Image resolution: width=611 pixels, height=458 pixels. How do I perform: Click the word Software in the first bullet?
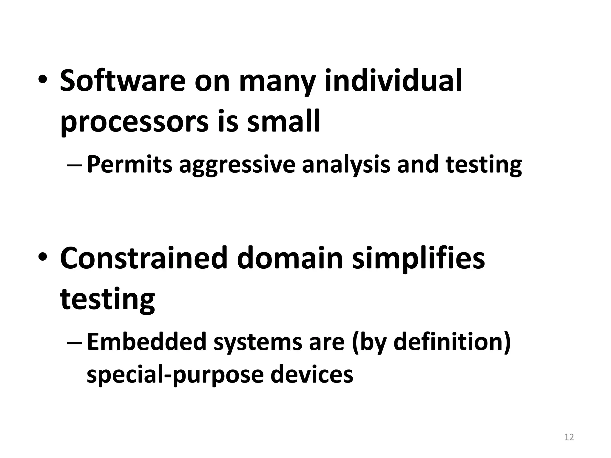(x=123, y=81)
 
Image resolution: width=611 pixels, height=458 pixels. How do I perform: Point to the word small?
(x=283, y=121)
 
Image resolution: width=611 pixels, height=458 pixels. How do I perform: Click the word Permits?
(x=130, y=165)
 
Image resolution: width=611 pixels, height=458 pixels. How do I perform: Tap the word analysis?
(x=346, y=165)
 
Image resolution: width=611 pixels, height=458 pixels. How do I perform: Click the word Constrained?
(x=144, y=258)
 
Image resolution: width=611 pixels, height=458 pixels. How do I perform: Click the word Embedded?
(x=146, y=342)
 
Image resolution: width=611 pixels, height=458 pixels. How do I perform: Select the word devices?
(x=312, y=375)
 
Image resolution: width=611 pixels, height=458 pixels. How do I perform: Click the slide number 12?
(x=569, y=437)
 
